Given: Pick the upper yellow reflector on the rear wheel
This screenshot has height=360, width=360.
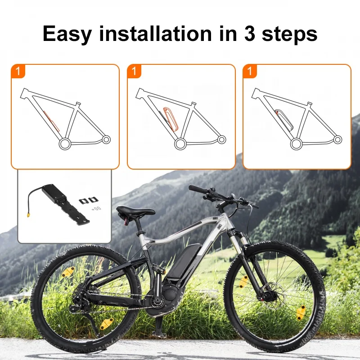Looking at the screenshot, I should [68, 272].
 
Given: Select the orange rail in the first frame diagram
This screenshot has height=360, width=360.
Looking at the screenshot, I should [51, 121].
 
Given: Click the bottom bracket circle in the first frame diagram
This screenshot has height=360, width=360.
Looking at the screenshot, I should [64, 144].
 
